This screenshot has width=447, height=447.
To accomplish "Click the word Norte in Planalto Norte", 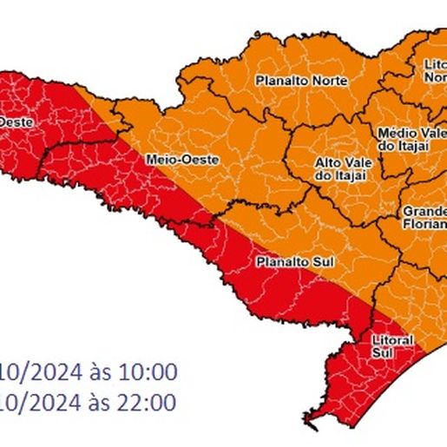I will [332, 81].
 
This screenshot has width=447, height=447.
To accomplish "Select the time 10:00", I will [152, 373].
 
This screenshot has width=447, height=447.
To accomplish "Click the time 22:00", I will [152, 402].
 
